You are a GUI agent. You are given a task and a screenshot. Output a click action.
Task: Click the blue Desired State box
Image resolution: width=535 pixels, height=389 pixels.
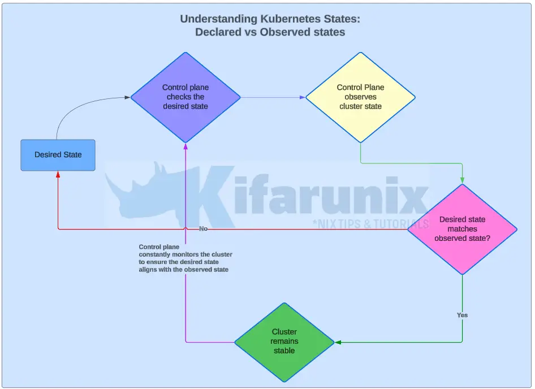tap(58, 155)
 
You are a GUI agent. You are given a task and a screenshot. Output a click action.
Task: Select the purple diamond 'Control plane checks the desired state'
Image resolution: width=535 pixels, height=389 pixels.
tap(185, 97)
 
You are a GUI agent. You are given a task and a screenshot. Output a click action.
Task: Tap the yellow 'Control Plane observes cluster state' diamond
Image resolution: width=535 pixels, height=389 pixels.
tap(360, 97)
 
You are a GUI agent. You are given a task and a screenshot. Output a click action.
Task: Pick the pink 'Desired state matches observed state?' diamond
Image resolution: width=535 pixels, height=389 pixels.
tap(462, 229)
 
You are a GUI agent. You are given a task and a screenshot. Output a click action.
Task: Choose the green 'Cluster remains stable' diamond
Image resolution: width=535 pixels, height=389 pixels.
tap(284, 342)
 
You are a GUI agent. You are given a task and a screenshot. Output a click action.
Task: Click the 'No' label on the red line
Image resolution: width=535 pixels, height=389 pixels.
tap(204, 229)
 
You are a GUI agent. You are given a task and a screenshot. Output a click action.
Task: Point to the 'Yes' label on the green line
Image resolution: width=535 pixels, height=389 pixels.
tap(462, 315)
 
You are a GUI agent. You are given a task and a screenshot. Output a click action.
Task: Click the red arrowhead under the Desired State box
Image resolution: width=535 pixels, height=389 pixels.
tap(58, 175)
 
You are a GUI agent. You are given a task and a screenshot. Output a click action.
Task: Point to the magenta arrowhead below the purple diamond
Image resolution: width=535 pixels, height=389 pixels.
tap(185, 146)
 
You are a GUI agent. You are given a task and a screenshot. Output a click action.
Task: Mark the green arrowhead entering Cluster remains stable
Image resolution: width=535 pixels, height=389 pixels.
tap(338, 342)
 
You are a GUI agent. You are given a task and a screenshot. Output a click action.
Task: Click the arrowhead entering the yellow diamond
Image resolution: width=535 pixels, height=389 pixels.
tap(303, 97)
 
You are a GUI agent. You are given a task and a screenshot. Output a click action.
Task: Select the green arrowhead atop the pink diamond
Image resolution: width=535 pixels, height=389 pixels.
tap(462, 180)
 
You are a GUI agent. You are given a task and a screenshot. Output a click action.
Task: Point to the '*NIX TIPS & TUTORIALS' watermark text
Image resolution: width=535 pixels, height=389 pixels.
tap(370, 223)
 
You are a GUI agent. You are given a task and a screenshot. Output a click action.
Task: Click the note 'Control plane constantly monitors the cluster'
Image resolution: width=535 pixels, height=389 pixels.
tap(185, 258)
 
